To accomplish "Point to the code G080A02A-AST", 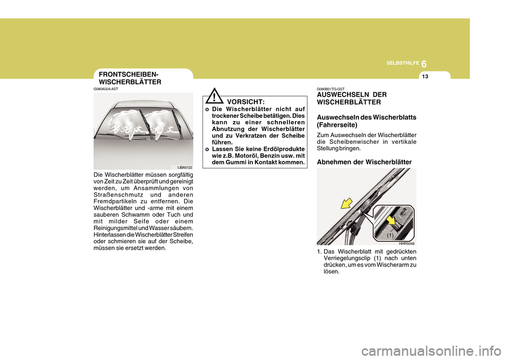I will [106, 89].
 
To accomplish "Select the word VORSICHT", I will [245, 101].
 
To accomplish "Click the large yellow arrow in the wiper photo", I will [348, 203].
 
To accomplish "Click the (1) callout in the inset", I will [390, 234].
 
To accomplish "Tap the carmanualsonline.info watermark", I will [434, 350].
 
